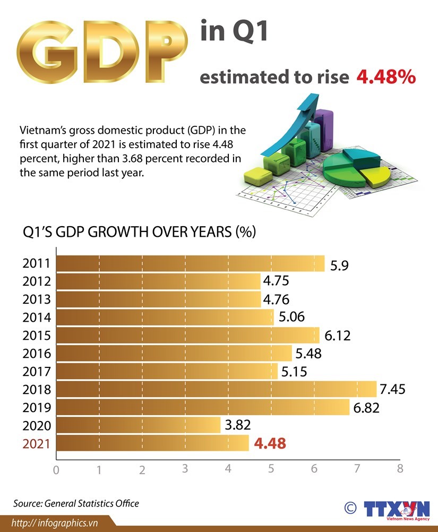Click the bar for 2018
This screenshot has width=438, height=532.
pyautogui.click(x=215, y=389)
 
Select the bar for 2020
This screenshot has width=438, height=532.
pyautogui.click(x=138, y=425)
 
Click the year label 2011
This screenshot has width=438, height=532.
pyautogui.click(x=36, y=264)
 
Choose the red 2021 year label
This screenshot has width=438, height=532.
pyautogui.click(x=36, y=443)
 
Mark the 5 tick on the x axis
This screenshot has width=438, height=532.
pyautogui.click(x=271, y=469)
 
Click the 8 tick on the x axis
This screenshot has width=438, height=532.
pyautogui.click(x=400, y=469)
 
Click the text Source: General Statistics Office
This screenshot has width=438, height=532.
pyautogui.click(x=76, y=503)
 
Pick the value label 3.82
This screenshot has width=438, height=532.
pyautogui.click(x=237, y=425)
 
